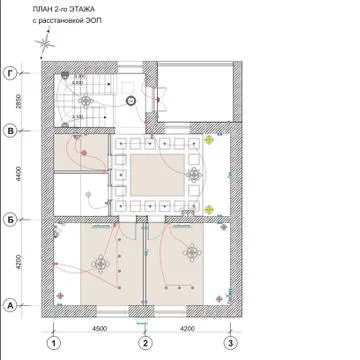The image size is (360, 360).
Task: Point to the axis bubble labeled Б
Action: [x=10, y=218]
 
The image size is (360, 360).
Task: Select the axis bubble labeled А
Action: [x=10, y=305]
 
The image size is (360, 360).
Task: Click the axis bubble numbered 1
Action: [x=48, y=343]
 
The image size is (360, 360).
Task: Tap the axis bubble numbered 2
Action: [x=145, y=343]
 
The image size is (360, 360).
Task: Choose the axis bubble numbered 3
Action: [x=233, y=343]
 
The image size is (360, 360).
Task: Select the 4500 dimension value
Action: [x=97, y=327]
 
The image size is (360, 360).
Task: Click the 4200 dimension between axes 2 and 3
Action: [x=189, y=327]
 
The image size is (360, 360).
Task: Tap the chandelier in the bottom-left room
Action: [x=101, y=263]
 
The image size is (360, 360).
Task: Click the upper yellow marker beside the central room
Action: [x=209, y=141]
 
